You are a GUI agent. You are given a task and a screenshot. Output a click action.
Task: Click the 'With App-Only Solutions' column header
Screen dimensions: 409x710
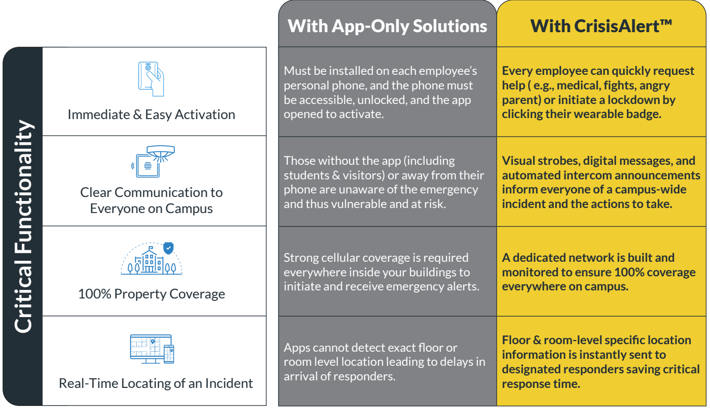[387, 26]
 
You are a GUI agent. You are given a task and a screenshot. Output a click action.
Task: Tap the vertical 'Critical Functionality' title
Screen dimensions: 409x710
[23, 226]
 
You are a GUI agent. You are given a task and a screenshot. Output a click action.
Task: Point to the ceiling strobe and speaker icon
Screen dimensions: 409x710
[153, 162]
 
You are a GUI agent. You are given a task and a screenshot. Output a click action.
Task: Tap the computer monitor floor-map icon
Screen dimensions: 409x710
[151, 349]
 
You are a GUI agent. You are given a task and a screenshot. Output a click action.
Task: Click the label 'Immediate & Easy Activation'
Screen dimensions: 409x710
[151, 115]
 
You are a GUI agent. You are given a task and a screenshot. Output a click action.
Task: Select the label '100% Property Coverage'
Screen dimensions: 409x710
[151, 294]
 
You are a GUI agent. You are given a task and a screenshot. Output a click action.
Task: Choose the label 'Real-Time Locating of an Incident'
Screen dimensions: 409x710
[156, 383]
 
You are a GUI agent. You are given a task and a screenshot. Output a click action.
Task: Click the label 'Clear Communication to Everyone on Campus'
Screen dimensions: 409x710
[151, 200]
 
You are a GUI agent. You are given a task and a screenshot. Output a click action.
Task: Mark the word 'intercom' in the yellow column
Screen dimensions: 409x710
[594, 175]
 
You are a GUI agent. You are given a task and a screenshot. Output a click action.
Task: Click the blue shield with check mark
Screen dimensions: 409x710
[169, 248]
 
